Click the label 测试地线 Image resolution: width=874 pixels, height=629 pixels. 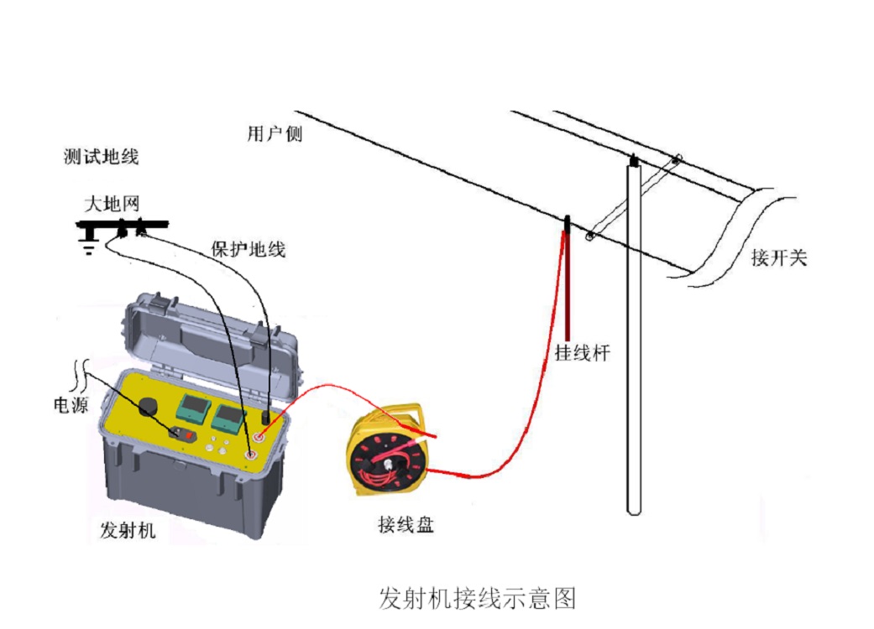pyautogui.click(x=101, y=157)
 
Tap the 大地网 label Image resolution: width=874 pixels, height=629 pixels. pyautogui.click(x=110, y=203)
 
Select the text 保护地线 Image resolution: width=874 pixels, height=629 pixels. pyautogui.click(x=248, y=249)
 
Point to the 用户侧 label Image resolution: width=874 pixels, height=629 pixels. pyautogui.click(x=274, y=134)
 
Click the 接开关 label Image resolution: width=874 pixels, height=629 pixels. pyautogui.click(x=778, y=257)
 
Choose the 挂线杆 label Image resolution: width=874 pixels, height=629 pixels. pyautogui.click(x=581, y=352)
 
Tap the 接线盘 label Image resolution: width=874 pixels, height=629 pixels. pyautogui.click(x=406, y=526)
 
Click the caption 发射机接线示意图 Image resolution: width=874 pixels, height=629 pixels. pyautogui.click(x=477, y=598)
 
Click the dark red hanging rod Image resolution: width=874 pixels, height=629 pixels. pyautogui.click(x=568, y=285)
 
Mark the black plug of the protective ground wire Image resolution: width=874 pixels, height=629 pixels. pyautogui.click(x=267, y=416)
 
